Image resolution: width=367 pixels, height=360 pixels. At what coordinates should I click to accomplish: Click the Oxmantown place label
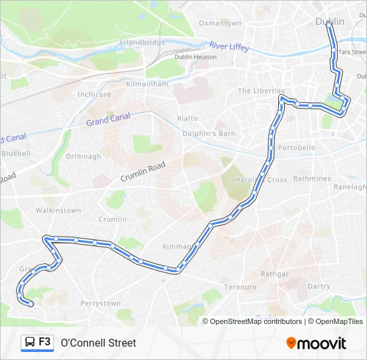(220, 23)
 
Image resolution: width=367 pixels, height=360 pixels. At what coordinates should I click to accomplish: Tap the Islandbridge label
(142, 42)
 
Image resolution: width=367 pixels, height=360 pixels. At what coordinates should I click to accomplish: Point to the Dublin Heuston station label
(196, 57)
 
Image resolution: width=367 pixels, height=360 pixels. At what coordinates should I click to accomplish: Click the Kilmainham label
(146, 85)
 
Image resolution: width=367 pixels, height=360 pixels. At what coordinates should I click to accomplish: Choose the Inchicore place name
(93, 95)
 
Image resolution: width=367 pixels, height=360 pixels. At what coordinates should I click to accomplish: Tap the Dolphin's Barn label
(209, 133)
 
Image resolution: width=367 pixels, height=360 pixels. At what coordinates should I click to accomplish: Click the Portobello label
(297, 147)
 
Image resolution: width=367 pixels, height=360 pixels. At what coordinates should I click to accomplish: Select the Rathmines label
(312, 179)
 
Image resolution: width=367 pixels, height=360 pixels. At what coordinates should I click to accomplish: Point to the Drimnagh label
(83, 157)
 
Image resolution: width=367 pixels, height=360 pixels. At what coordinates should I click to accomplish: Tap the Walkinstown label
(58, 211)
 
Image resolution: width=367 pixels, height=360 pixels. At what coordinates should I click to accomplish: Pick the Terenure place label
(240, 287)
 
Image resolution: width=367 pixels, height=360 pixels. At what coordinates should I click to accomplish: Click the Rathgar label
(275, 274)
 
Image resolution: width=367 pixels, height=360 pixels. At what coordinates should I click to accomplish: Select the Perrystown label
(100, 303)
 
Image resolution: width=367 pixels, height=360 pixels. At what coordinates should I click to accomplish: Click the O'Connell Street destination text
(98, 343)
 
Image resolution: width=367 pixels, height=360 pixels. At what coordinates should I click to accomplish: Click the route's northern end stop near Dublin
(329, 24)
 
